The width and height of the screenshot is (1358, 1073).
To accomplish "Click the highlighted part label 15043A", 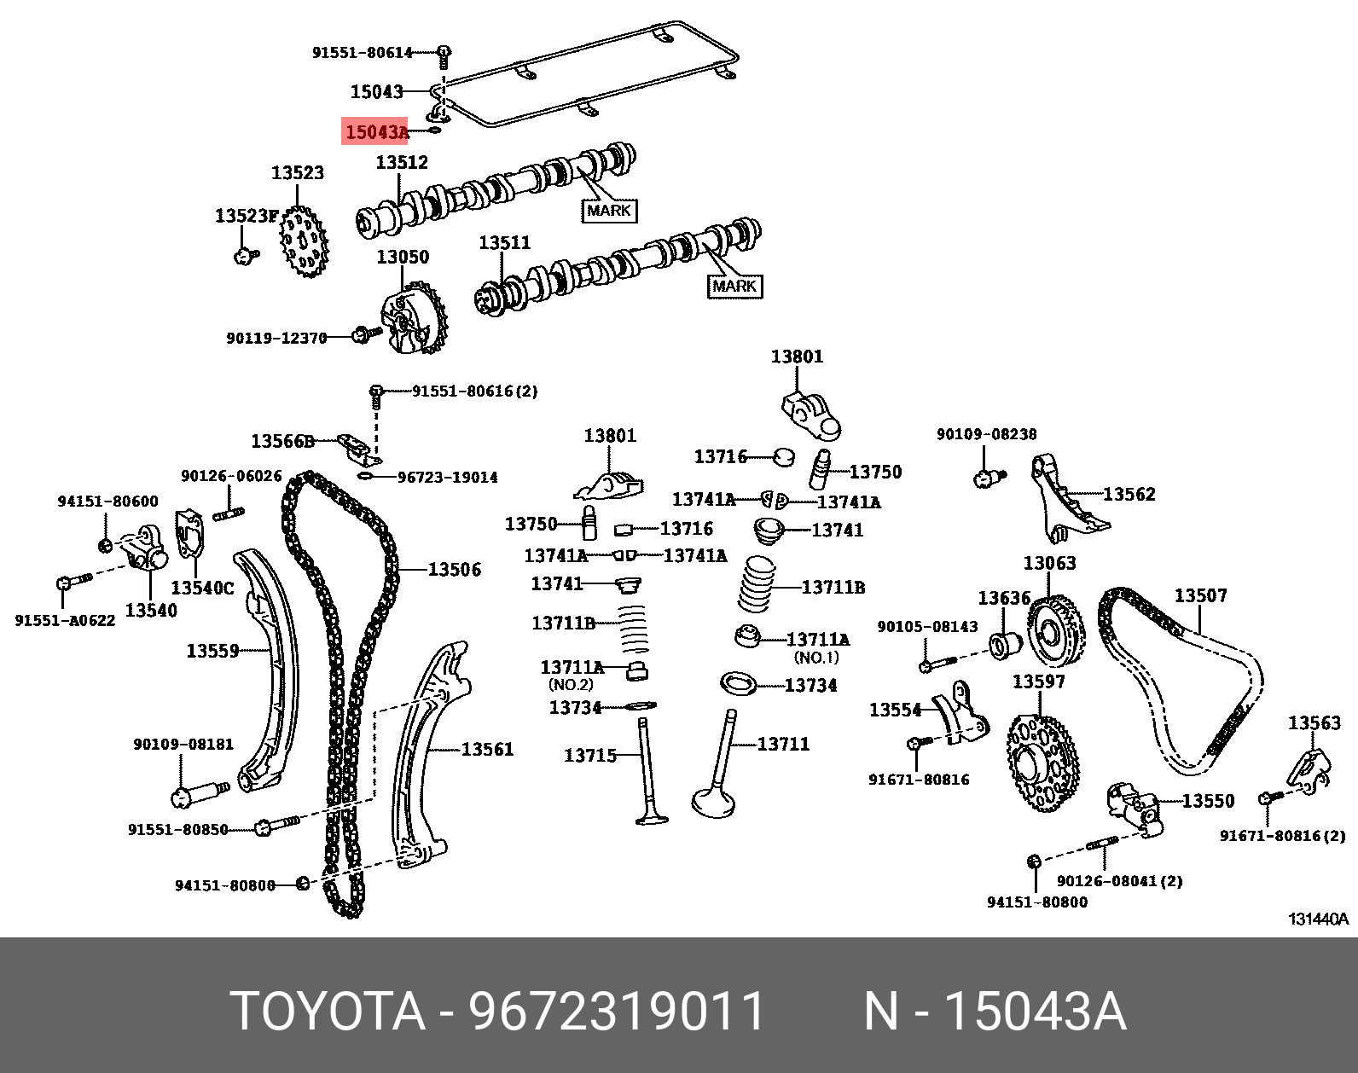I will coord(375,132).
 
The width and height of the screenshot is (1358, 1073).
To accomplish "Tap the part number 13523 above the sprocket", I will coord(298,173).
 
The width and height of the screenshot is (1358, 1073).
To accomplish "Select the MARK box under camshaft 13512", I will coord(608,210).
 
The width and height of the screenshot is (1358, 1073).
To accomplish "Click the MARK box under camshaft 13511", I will coord(734,286).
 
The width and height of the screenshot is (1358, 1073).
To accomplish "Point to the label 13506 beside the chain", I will coord(454,570).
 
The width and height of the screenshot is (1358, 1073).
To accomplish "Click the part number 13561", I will coord(487,750).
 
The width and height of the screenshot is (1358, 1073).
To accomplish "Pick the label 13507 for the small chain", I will coord(1200,595).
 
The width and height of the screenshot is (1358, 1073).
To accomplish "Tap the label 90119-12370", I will coord(276,339).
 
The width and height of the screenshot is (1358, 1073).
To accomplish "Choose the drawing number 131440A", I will coord(1318,919).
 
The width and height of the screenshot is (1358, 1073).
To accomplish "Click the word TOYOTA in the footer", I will coord(328,1012).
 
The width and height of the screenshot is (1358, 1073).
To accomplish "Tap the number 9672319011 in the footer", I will coord(618,1012).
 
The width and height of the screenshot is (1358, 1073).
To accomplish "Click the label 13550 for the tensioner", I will coord(1208,801).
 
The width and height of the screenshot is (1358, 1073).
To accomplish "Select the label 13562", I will coord(1129,494).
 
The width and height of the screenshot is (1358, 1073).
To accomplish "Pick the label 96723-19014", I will coord(448,478).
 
